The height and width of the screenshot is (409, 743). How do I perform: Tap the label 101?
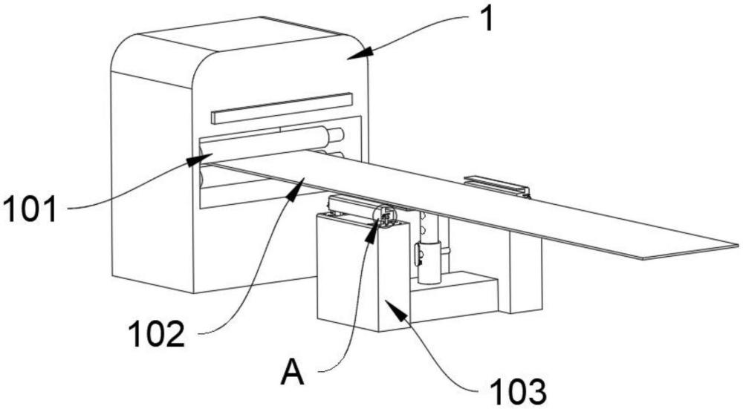coord(30,210)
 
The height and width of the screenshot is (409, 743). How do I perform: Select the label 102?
coord(156,333)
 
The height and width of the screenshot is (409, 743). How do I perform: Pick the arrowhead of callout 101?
coord(199,160)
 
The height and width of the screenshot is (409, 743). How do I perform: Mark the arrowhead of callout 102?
coord(298,185)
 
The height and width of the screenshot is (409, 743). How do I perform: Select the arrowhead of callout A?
coord(372,232)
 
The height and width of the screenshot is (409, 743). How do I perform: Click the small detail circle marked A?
coord(384,216)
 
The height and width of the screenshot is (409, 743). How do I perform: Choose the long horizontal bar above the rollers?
coord(282,108)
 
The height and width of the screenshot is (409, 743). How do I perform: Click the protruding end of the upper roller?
coord(336,135)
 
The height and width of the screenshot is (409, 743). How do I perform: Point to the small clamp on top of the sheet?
coord(496,186)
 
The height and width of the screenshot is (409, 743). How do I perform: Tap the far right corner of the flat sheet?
coord(739,245)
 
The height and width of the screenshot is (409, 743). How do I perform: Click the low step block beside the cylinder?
coord(455,293)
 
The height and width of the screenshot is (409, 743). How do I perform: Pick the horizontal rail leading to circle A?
coord(353,207)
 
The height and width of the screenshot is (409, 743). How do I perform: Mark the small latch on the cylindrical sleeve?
coord(418,254)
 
